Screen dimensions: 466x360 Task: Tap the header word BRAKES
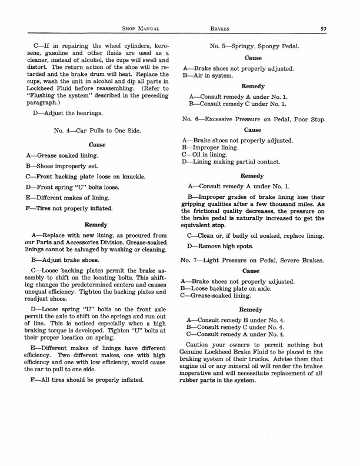click(223, 28)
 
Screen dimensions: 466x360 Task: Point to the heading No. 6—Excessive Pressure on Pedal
click(254, 119)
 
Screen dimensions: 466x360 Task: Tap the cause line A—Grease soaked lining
click(63, 155)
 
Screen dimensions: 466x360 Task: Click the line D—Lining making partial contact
click(232, 162)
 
